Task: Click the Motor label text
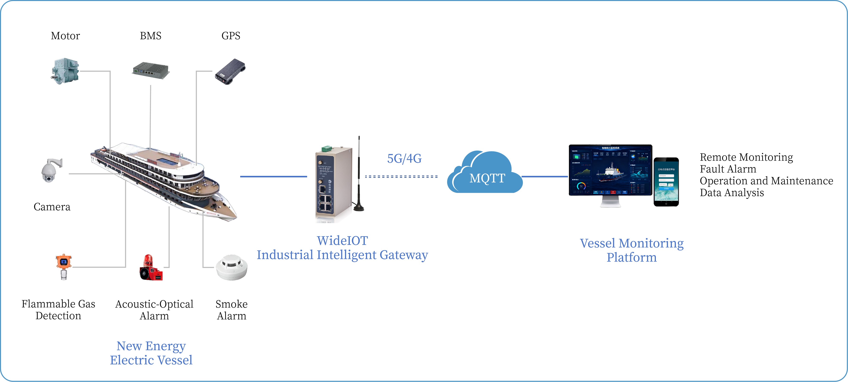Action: (x=65, y=36)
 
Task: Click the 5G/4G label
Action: (x=404, y=158)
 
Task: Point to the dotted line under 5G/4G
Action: (x=401, y=177)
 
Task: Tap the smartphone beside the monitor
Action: (x=666, y=182)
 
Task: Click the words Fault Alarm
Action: (x=728, y=169)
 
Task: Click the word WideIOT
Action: (x=342, y=241)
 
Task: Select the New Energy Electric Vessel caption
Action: (x=151, y=353)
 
